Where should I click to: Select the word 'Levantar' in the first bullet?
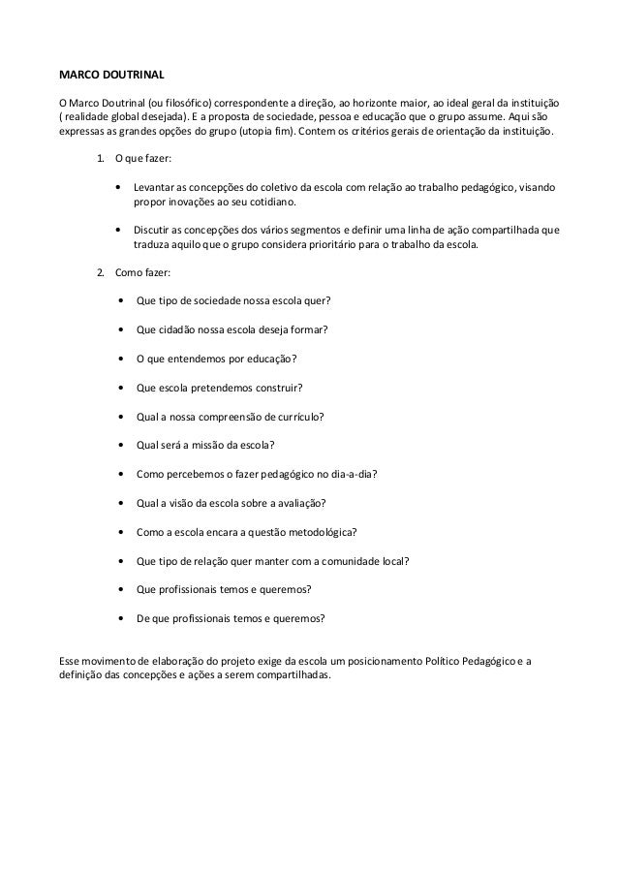click(155, 187)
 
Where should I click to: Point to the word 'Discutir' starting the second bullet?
click(155, 231)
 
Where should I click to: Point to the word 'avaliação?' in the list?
click(297, 503)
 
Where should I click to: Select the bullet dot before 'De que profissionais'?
click(119, 617)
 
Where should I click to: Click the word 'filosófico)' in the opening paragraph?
click(183, 101)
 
